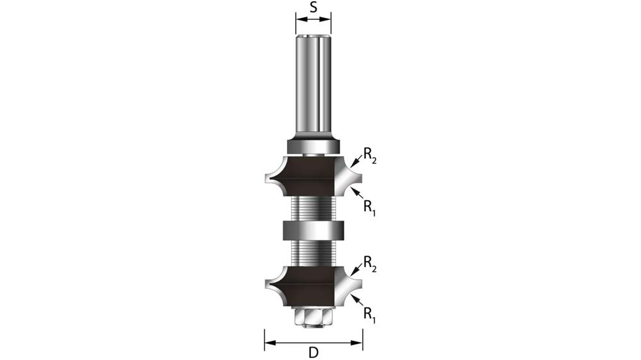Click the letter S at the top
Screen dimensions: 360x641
pyautogui.click(x=313, y=8)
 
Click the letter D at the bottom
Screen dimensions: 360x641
pyautogui.click(x=313, y=352)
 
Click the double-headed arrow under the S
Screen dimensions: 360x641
pyautogui.click(x=313, y=20)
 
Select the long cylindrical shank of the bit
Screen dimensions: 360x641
pyautogui.click(x=313, y=83)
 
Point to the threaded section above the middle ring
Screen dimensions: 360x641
pyautogui.click(x=313, y=208)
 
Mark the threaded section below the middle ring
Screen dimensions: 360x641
pyautogui.click(x=313, y=252)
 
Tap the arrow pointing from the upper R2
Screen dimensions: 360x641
pyautogui.click(x=355, y=164)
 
